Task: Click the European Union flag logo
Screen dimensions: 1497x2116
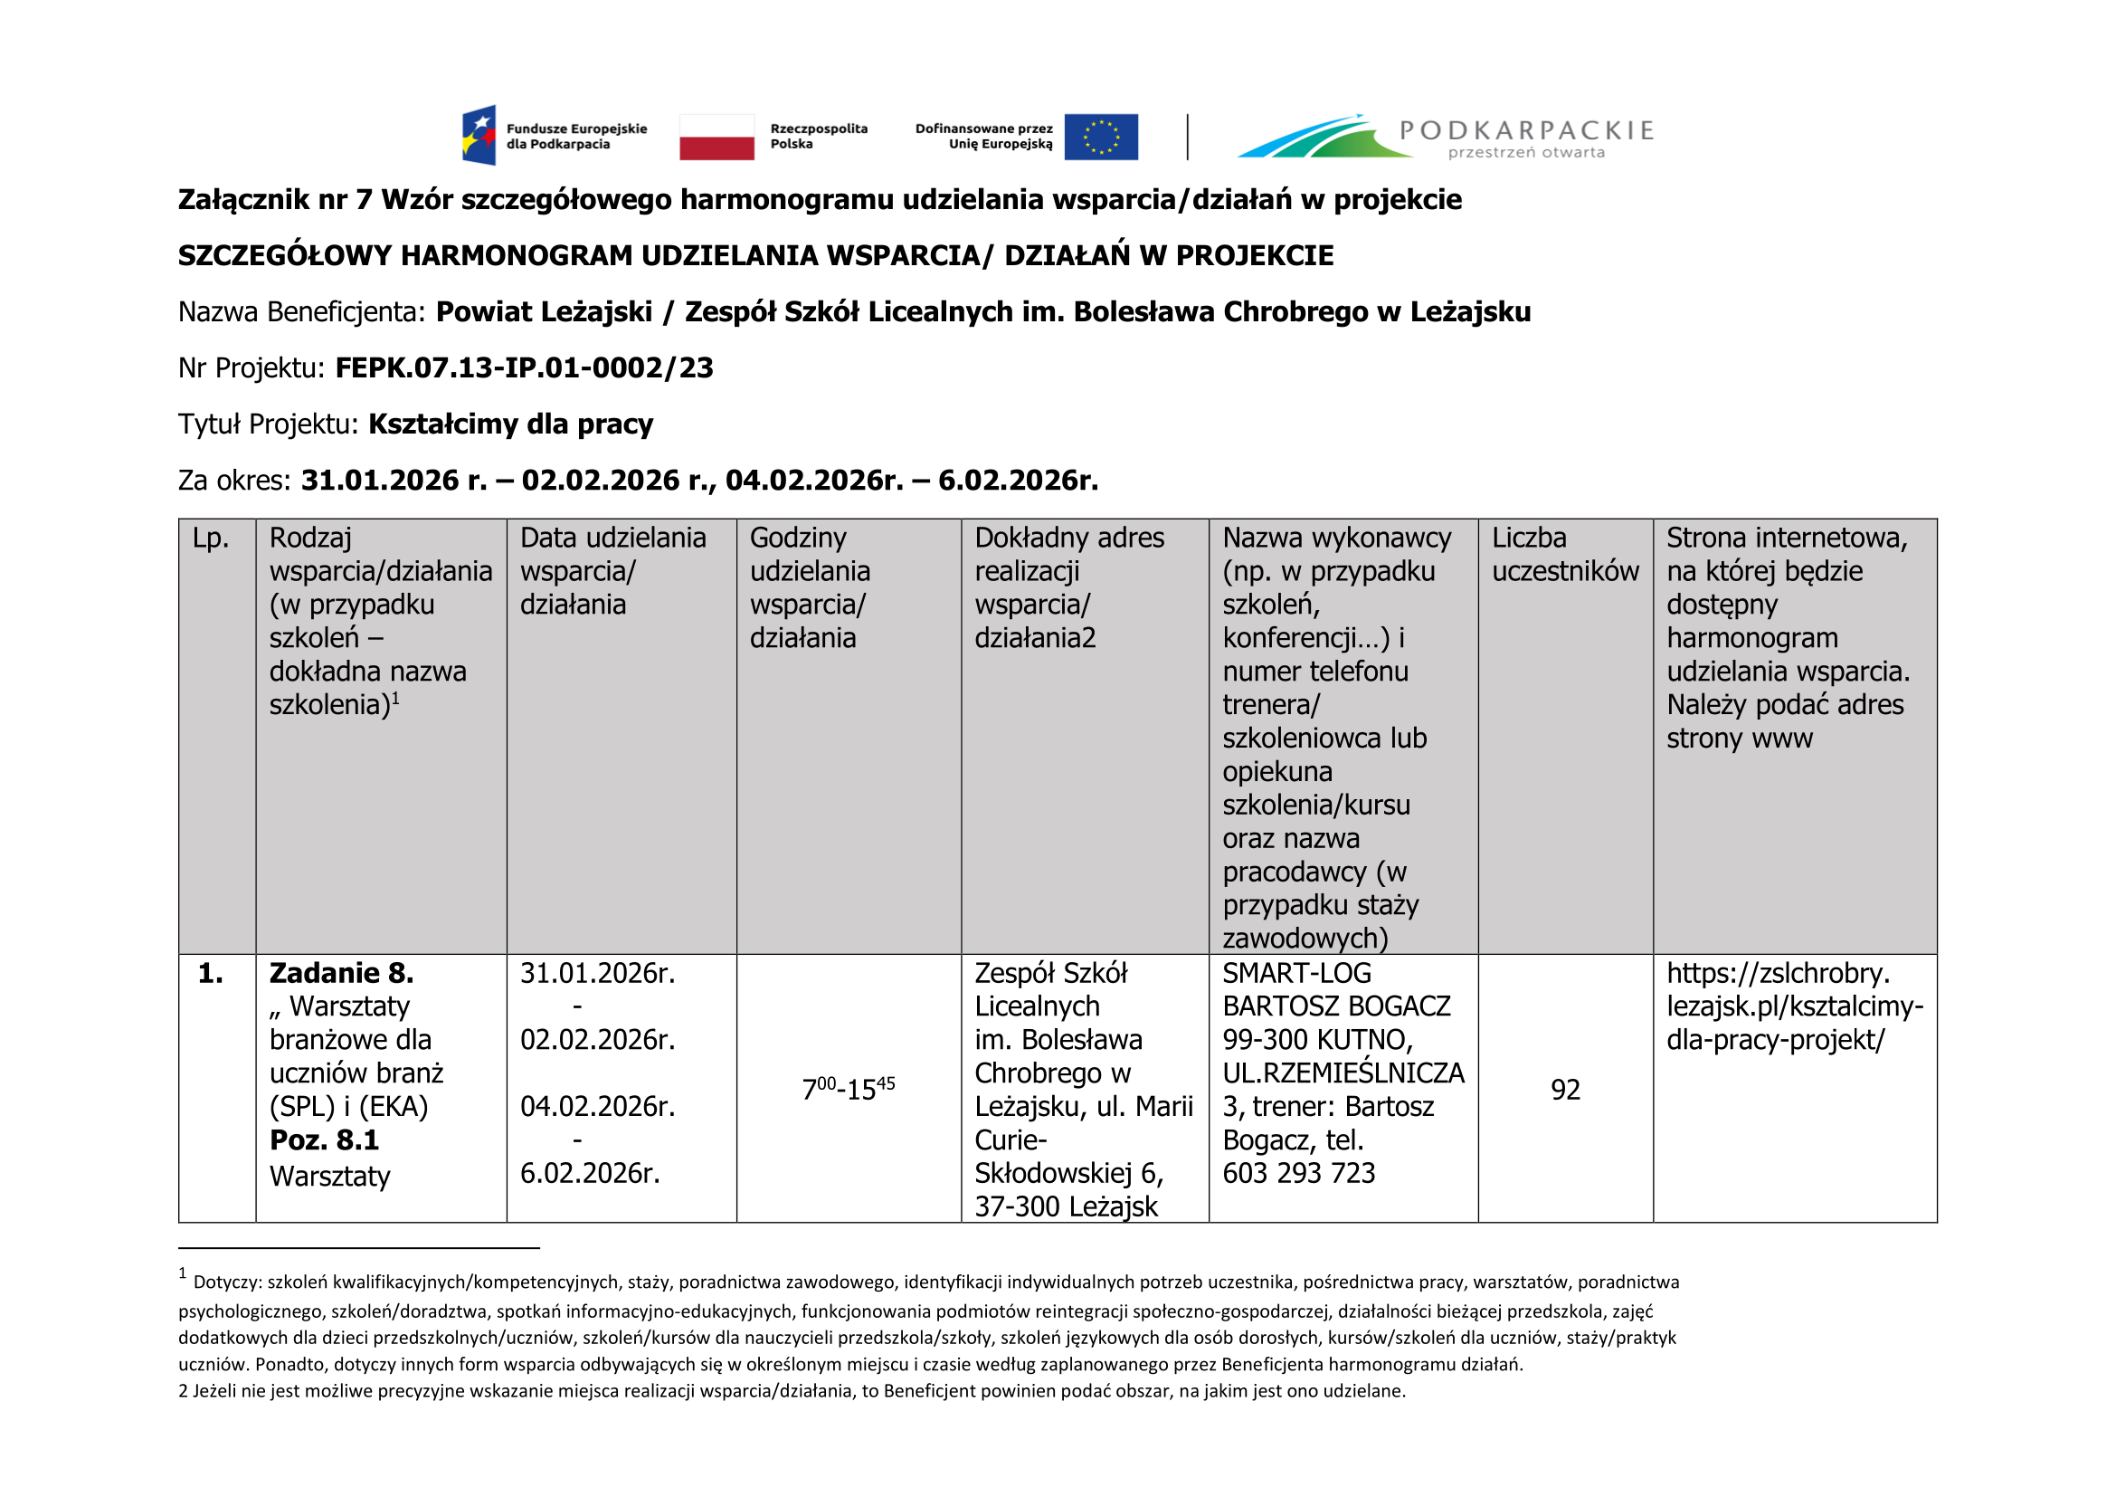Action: pyautogui.click(x=1100, y=138)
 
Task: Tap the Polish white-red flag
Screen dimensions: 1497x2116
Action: pyautogui.click(x=716, y=138)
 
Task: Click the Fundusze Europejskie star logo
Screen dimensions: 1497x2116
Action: pyautogui.click(x=479, y=136)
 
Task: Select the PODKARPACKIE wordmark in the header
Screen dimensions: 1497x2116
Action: pyautogui.click(x=1526, y=130)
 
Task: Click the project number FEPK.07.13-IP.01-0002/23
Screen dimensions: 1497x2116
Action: pyautogui.click(x=524, y=367)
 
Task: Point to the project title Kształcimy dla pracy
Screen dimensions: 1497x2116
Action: pyautogui.click(x=510, y=424)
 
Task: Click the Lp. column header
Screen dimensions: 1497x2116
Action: pyautogui.click(x=210, y=538)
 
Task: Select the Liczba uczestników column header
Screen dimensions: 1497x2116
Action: pyautogui.click(x=1565, y=554)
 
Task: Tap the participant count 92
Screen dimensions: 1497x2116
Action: pyautogui.click(x=1565, y=1090)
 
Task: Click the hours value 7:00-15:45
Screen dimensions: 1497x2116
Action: pyautogui.click(x=848, y=1090)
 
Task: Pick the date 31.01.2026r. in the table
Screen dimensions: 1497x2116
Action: pyautogui.click(x=597, y=974)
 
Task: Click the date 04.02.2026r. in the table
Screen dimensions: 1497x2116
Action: pyautogui.click(x=597, y=1106)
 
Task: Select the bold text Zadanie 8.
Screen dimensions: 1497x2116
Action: pyautogui.click(x=341, y=974)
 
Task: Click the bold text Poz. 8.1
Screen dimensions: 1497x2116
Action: pyautogui.click(x=324, y=1140)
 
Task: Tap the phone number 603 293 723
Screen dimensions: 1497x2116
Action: pyautogui.click(x=1298, y=1174)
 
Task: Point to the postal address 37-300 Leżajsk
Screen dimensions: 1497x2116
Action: pyautogui.click(x=1066, y=1206)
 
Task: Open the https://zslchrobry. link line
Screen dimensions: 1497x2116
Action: pyautogui.click(x=1778, y=974)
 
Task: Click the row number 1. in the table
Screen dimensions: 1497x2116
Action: pyautogui.click(x=210, y=974)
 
